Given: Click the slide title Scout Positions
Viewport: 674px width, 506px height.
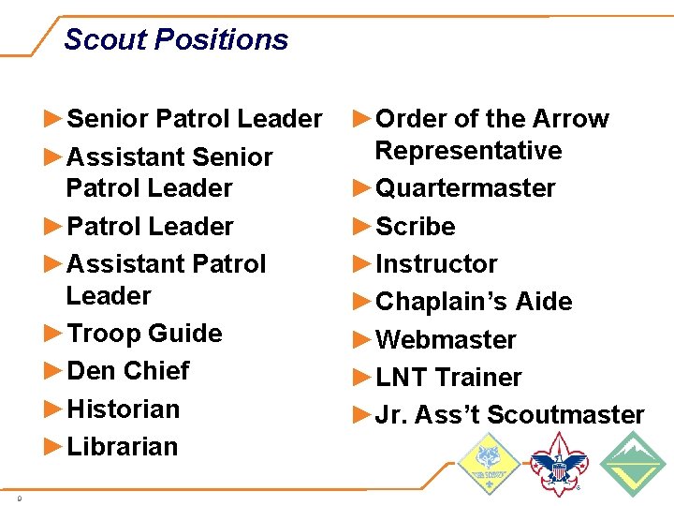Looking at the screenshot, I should click(x=176, y=39).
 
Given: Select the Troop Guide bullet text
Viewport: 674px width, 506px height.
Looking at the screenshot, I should click(x=144, y=334).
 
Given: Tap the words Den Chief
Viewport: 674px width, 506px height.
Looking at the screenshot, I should click(x=128, y=371).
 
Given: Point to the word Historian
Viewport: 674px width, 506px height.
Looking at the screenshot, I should click(x=124, y=409).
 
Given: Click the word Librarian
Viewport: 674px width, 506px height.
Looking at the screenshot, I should click(x=123, y=446).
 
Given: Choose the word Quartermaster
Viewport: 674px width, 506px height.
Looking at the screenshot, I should click(x=465, y=188).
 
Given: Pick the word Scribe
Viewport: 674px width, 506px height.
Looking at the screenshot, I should click(x=415, y=227).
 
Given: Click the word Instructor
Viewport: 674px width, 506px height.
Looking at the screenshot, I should click(x=436, y=264).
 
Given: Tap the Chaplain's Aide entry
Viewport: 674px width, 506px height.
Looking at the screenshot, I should click(x=473, y=302).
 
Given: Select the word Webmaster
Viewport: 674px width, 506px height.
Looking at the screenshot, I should click(x=446, y=340).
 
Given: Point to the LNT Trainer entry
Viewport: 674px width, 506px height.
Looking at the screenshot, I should click(x=448, y=378).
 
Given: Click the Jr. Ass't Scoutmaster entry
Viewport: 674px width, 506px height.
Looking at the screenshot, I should click(x=509, y=415).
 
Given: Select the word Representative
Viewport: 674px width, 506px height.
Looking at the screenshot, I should click(x=468, y=151).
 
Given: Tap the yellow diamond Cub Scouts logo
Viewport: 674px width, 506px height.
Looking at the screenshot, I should click(x=488, y=463).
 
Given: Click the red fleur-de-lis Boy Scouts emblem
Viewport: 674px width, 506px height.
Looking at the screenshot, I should click(x=560, y=464).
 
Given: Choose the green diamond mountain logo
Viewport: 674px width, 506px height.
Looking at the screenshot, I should click(x=632, y=464).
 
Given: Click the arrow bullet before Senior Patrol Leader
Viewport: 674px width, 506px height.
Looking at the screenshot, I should click(x=54, y=119).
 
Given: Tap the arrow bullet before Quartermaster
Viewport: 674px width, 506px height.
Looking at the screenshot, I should click(x=362, y=188).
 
